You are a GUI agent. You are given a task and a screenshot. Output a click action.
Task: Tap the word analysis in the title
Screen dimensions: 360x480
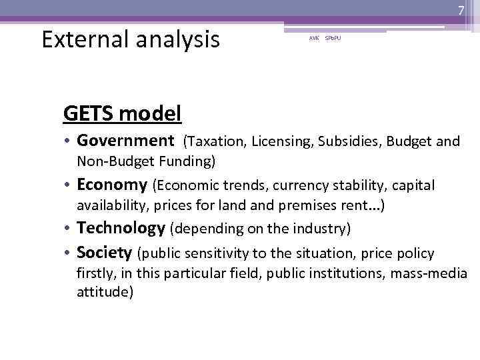180,40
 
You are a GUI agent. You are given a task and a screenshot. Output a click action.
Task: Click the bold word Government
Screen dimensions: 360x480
125,141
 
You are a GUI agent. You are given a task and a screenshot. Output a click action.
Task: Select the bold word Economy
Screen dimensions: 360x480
111,185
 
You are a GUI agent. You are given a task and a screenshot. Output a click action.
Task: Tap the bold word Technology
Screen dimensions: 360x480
121,228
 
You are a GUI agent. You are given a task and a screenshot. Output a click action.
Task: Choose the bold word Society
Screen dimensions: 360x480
104,253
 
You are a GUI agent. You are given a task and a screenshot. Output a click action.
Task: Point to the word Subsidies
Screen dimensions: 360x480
338,141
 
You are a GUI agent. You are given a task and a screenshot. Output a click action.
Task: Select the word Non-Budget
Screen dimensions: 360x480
113,161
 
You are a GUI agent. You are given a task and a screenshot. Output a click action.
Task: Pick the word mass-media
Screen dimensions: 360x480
429,273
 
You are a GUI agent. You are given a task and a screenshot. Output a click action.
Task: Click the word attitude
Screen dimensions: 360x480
105,291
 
